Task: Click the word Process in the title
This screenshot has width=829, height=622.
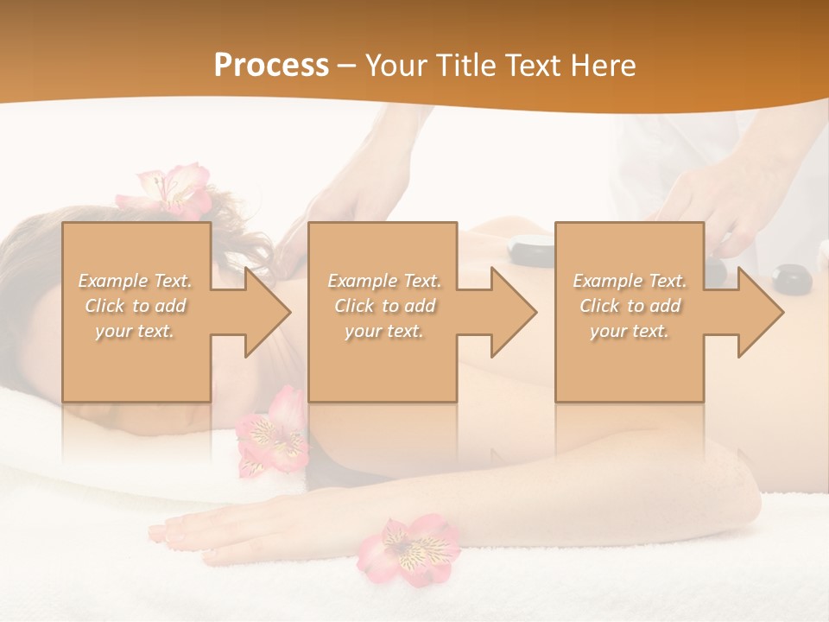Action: tap(271, 66)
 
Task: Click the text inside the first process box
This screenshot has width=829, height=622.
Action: tap(136, 305)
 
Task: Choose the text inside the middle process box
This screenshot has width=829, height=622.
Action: tap(383, 305)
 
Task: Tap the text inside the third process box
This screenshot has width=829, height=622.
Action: tap(630, 305)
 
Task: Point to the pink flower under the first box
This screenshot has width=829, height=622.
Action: tap(273, 432)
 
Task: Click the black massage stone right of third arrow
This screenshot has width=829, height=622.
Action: tap(789, 277)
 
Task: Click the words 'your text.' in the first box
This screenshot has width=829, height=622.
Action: tap(136, 330)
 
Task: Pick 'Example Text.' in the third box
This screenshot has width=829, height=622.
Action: tap(630, 281)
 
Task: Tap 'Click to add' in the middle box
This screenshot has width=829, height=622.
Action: tap(383, 306)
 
